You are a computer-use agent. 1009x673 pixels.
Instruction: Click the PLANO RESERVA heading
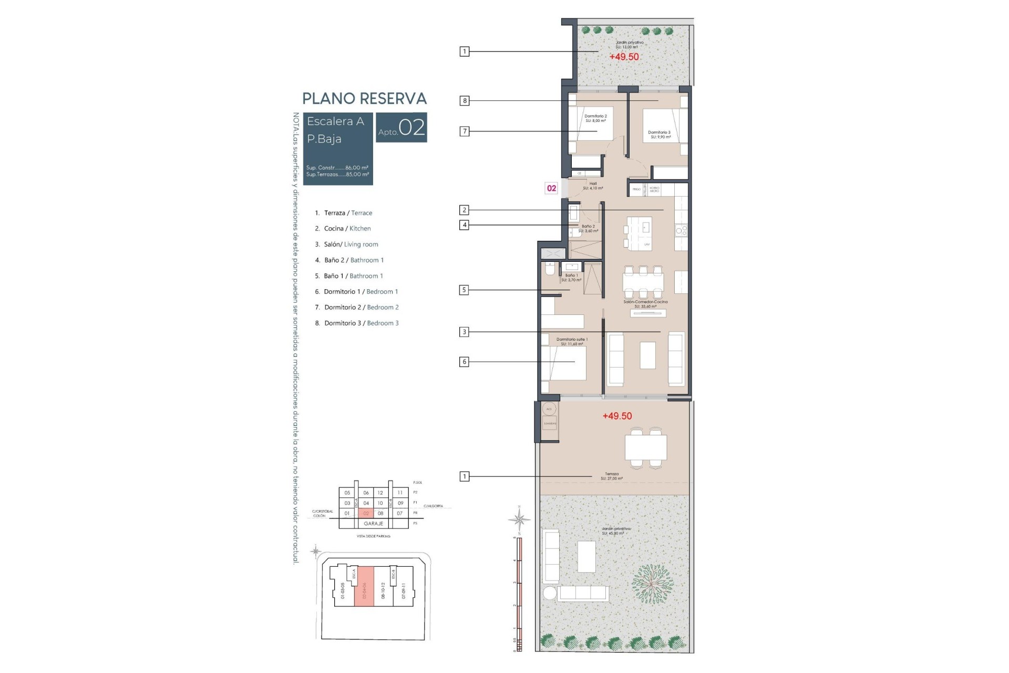pos(364,98)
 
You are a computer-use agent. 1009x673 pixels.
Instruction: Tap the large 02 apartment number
pos(411,128)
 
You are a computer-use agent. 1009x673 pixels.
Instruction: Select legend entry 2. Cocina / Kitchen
pos(343,228)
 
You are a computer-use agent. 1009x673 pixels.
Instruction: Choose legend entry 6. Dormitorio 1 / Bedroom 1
pos(356,291)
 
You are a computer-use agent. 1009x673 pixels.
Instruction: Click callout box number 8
pos(465,100)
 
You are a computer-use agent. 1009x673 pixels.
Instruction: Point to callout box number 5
pos(464,290)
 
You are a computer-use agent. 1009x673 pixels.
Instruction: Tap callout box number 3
pos(464,332)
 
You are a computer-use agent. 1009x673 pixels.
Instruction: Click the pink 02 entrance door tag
pos(551,188)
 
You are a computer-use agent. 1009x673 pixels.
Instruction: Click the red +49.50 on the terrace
pos(617,416)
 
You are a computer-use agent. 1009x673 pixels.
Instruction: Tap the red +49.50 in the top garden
pos(624,57)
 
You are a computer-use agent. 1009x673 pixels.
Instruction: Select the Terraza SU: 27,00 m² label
pos(612,476)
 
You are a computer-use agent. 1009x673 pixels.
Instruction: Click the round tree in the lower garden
pos(652,584)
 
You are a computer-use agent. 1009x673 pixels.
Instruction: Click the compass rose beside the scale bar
pos(519,520)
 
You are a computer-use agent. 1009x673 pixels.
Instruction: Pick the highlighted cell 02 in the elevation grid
pos(366,513)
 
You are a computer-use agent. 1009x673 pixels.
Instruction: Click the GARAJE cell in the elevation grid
pos(373,524)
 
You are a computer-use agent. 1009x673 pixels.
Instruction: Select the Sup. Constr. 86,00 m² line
pos(337,168)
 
